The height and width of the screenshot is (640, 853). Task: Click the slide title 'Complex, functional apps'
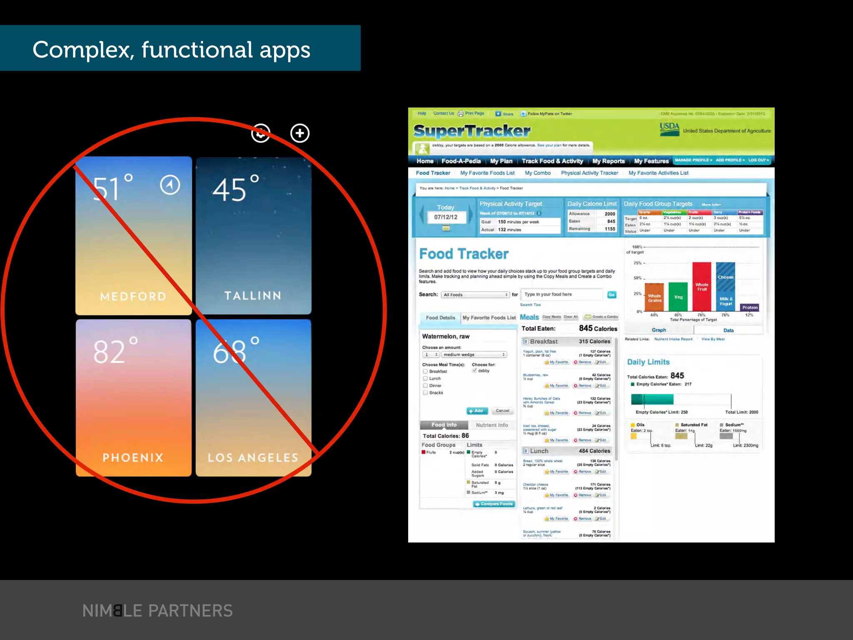click(x=171, y=50)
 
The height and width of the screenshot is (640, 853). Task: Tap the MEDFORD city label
click(x=133, y=296)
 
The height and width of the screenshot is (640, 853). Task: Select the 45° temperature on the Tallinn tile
click(x=236, y=190)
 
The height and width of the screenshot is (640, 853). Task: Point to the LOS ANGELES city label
click(x=253, y=457)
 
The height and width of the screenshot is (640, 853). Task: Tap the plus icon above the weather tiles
click(x=300, y=133)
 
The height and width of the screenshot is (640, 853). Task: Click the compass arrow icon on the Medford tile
click(x=170, y=185)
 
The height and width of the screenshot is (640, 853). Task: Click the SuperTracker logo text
click(x=472, y=131)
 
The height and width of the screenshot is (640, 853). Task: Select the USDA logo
click(x=669, y=129)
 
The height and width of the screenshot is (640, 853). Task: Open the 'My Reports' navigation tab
click(x=608, y=161)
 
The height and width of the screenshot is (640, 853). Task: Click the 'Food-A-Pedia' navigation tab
click(x=461, y=161)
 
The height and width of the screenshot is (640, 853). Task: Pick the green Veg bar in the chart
click(x=678, y=297)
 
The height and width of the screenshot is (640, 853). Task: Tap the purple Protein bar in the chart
click(x=750, y=307)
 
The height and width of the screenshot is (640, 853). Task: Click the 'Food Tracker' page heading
click(x=464, y=254)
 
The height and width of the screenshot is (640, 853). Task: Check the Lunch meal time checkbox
click(x=425, y=378)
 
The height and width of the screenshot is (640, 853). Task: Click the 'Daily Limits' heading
click(x=648, y=362)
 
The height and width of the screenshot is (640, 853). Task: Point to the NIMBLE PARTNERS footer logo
click(x=157, y=611)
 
